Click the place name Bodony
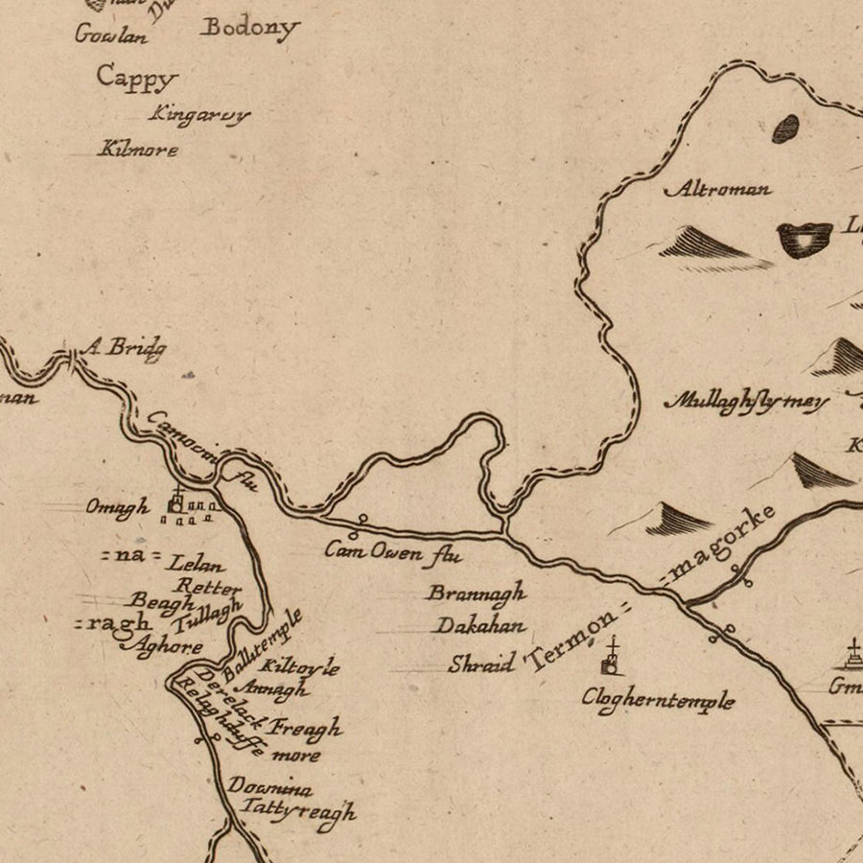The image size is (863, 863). (x=249, y=28)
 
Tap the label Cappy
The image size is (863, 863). (x=137, y=79)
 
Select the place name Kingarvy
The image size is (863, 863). (x=198, y=115)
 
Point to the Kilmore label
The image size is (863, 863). (x=138, y=150)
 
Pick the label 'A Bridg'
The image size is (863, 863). (x=123, y=347)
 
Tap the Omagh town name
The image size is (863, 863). (x=118, y=507)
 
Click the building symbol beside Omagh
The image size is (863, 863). (x=176, y=501)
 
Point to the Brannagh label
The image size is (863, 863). (x=476, y=594)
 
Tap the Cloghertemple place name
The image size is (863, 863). (x=658, y=700)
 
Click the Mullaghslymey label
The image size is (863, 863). (x=746, y=402)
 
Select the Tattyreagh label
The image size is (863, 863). (x=297, y=811)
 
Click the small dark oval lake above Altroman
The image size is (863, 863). (x=785, y=128)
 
